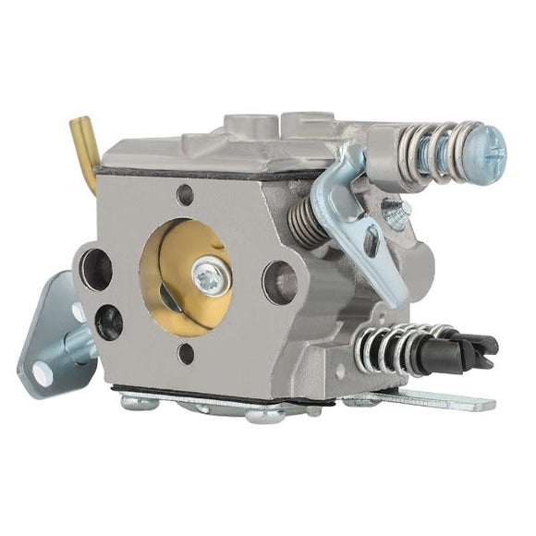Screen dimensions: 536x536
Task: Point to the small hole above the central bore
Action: pos(185,195)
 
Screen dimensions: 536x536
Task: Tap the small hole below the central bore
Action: pos(185,353)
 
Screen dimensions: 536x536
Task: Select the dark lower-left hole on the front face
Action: pos(108,321)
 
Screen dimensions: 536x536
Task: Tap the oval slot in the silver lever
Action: pos(372,243)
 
